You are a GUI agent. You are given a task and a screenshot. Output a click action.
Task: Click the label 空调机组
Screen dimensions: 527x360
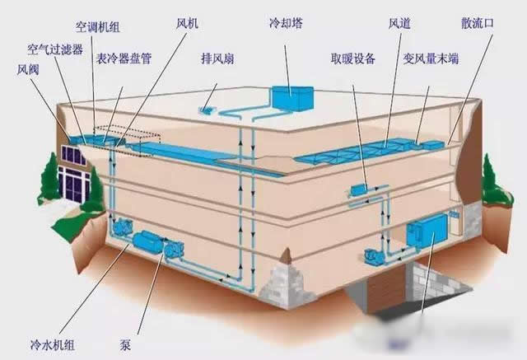pos(97,27)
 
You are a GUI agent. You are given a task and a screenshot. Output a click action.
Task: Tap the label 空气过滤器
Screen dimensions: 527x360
pos(55,49)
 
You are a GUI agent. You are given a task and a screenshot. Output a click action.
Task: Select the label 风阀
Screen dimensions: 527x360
pos(28,69)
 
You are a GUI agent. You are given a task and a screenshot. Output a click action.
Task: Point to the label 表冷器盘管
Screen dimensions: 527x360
pos(124,58)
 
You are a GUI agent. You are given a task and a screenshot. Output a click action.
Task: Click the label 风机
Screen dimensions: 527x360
pos(187,23)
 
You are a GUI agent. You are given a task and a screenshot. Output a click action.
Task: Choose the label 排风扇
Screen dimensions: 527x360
pos(217,58)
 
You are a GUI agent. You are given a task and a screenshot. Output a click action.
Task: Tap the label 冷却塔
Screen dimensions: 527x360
pos(286,23)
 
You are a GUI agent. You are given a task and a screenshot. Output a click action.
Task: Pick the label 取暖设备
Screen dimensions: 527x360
pos(353,58)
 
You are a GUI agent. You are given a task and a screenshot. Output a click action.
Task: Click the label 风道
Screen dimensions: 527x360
pos(399,23)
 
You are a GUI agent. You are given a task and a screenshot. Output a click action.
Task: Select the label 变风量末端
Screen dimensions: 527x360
pos(431,58)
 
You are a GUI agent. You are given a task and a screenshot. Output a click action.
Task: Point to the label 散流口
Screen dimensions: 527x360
pos(478,23)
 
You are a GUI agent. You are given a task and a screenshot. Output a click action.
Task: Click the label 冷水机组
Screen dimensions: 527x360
pos(53,344)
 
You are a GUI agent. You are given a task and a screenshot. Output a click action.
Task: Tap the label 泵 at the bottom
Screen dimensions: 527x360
pos(125,345)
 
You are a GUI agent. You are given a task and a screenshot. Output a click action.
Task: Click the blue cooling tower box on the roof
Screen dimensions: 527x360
pos(292,98)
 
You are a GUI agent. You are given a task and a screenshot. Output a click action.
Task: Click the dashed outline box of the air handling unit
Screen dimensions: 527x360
pos(127,140)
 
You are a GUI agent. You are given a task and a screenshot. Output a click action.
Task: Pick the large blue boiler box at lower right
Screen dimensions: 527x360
pos(427,231)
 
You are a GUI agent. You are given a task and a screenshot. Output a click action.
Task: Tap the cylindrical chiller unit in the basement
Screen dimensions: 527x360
pos(149,241)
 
